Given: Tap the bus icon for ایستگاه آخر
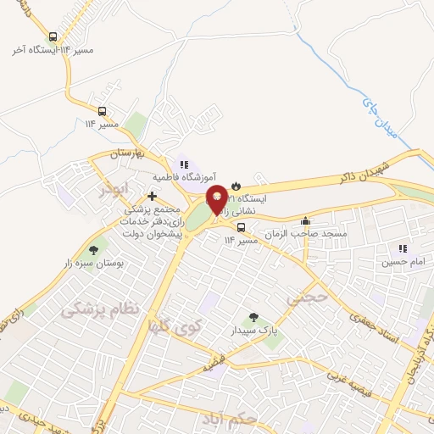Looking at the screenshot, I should coord(54,36).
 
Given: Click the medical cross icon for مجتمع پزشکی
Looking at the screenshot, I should coord(152,196).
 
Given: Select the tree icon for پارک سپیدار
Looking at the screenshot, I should coord(252,317).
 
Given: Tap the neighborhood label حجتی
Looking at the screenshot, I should coord(305,298).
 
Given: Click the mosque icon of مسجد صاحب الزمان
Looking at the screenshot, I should coord(305,222).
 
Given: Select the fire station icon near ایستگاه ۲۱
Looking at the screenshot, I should coord(236,184).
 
